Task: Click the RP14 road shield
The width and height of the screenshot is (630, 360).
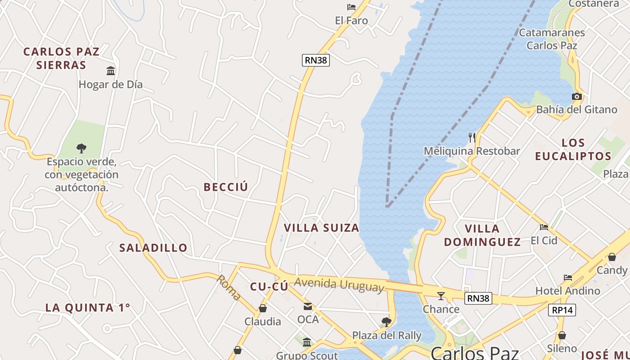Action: [562, 310]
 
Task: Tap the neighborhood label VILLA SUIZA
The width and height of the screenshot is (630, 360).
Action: [321, 228]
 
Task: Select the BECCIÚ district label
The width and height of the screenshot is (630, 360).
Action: [225, 187]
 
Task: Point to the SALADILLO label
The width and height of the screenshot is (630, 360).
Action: [153, 247]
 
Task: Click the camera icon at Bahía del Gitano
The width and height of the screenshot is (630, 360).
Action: [576, 96]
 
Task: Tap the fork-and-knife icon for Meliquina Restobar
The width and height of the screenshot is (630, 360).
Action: [472, 137]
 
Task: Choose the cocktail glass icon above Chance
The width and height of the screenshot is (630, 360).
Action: [441, 296]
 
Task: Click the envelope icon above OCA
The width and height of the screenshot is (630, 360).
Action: [308, 307]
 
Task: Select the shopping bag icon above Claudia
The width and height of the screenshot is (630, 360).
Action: [263, 308]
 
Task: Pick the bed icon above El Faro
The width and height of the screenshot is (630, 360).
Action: [351, 7]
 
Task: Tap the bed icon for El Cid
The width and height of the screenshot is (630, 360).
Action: [544, 227]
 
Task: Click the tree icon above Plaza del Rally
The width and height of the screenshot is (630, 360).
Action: [386, 322]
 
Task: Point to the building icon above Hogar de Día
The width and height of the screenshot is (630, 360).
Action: [111, 71]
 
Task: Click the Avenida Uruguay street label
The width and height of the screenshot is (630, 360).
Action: [339, 285]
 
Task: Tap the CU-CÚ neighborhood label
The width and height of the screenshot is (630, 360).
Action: [269, 287]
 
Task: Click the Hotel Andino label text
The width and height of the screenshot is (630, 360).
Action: [567, 291]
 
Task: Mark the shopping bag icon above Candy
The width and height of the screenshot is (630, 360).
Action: [612, 257]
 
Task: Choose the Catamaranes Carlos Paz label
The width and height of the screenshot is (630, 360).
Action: [552, 39]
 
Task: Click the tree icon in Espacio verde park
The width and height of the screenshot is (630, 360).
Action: [81, 148]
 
